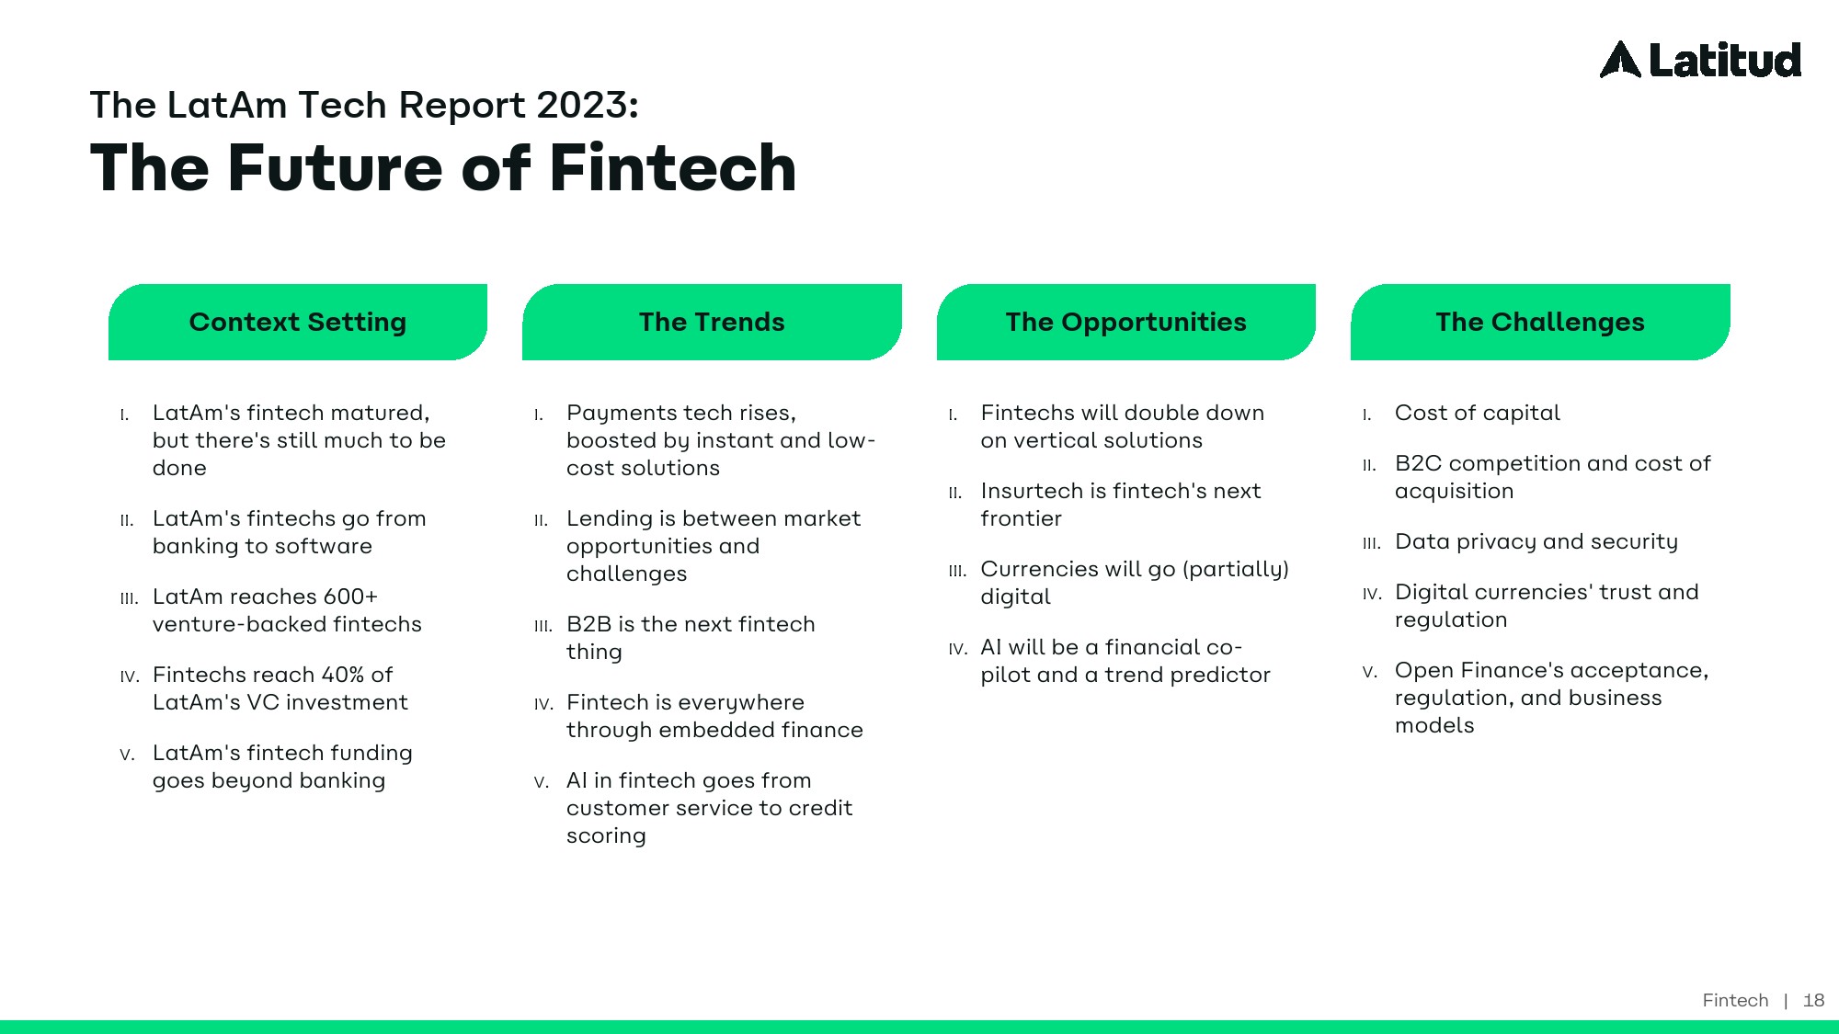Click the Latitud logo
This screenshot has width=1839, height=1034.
(x=1700, y=60)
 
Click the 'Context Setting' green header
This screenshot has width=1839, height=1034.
(x=298, y=322)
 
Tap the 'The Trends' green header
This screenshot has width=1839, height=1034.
(x=712, y=322)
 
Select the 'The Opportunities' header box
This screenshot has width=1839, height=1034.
(x=1126, y=322)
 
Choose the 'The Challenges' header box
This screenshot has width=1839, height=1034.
(x=1540, y=322)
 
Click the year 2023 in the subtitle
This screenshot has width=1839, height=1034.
(x=588, y=105)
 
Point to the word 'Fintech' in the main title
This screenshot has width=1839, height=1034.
(x=673, y=168)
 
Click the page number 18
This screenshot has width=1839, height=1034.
(x=1813, y=1000)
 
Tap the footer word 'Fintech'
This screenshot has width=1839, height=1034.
(x=1735, y=1000)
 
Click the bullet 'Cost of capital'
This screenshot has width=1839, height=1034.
(x=1477, y=414)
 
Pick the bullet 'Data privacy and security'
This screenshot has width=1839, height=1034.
(x=1536, y=542)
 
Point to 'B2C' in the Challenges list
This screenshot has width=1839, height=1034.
(x=1418, y=463)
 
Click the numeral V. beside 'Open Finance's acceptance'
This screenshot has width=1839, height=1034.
(x=1370, y=672)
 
